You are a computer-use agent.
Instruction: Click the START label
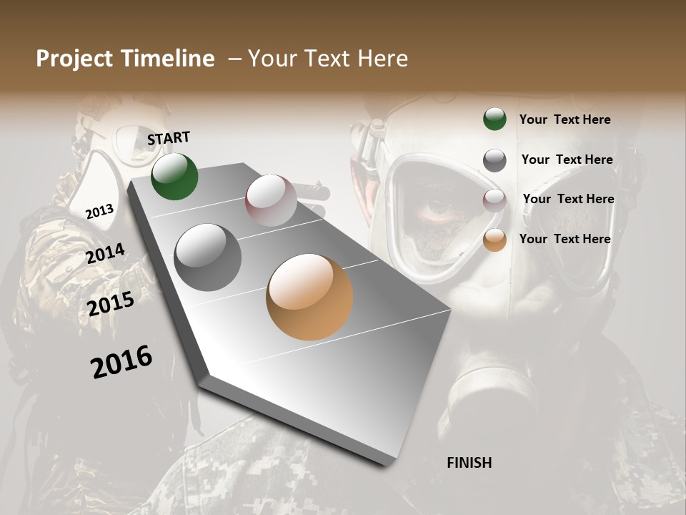click(169, 138)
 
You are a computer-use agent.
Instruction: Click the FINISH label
click(469, 463)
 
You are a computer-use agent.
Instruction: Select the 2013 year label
click(100, 211)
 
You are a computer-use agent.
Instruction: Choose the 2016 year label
click(121, 361)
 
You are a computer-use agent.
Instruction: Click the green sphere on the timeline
click(174, 177)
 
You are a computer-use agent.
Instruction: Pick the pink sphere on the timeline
click(271, 200)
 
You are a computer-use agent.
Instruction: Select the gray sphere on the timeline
click(208, 257)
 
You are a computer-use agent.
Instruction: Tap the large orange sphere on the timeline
click(309, 297)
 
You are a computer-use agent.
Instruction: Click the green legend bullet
click(494, 119)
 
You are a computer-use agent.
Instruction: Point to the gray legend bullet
click(494, 160)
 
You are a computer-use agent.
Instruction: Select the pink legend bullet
click(494, 200)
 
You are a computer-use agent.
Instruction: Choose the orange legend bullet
click(494, 240)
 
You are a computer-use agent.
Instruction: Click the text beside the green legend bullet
click(565, 119)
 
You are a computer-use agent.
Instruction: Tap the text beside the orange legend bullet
click(565, 239)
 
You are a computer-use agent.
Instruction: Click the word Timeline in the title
click(168, 59)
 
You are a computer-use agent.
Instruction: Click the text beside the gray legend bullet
click(567, 160)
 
